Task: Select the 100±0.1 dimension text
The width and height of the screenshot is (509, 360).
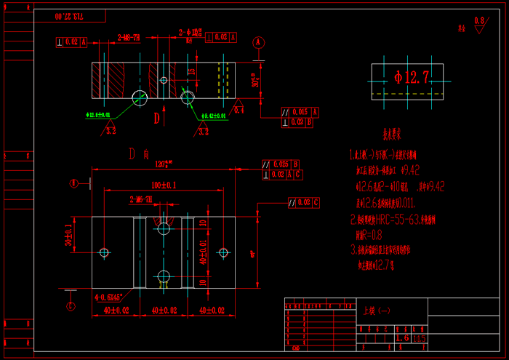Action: tap(164, 185)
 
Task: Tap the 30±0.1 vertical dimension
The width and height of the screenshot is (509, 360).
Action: tap(68, 235)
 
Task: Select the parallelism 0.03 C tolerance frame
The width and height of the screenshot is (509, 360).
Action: tap(304, 202)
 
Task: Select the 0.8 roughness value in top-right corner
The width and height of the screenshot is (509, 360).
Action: tap(478, 21)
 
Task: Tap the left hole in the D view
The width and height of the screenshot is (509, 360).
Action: tap(105, 252)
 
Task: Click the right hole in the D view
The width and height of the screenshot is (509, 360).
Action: tap(223, 252)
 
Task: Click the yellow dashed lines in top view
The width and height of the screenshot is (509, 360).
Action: tap(224, 80)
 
